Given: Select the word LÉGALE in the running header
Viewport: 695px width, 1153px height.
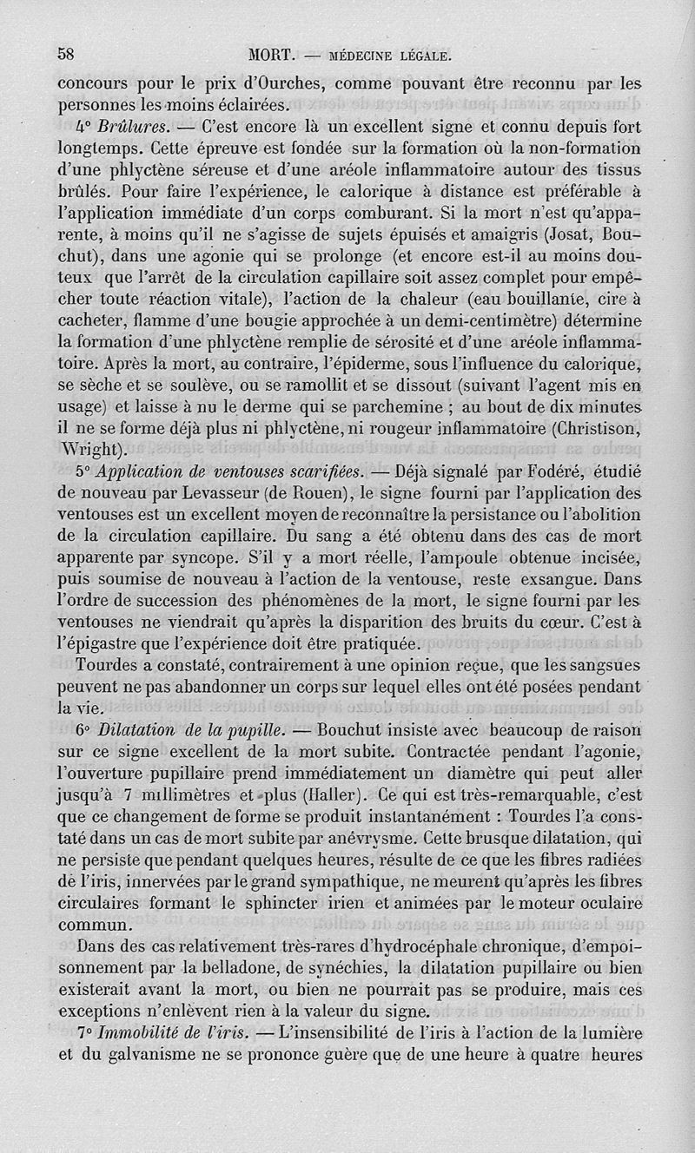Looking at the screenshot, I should tap(417, 56).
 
